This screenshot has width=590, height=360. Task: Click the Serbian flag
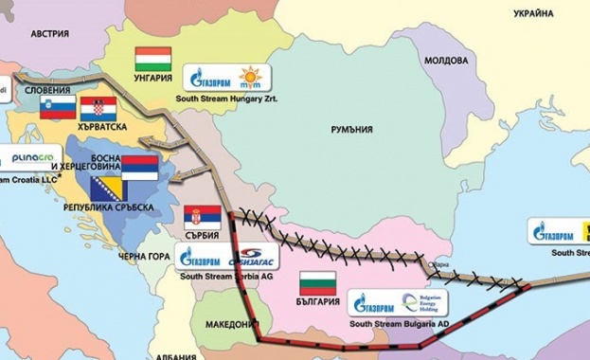click(x=203, y=215)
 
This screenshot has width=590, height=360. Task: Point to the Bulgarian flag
click(x=317, y=282)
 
